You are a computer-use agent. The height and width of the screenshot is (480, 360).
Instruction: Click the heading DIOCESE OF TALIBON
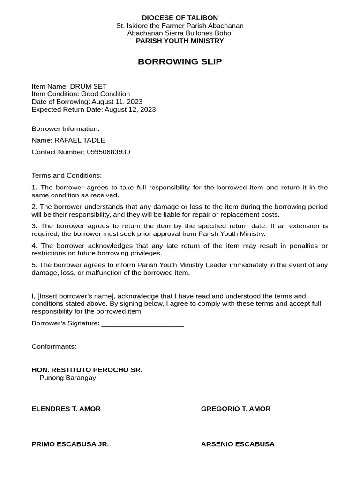[180, 18]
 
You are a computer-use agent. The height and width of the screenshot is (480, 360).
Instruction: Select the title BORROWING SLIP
[180, 61]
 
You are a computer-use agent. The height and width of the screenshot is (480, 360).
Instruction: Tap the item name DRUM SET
[89, 86]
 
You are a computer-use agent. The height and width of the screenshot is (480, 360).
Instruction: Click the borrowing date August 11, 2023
[117, 102]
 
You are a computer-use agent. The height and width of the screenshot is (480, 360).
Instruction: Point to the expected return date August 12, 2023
[130, 109]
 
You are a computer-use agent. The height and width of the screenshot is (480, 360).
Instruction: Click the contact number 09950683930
[108, 152]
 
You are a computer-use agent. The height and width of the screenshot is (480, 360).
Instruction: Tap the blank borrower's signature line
[142, 323]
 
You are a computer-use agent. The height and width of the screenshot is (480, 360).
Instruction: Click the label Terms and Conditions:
[67, 175]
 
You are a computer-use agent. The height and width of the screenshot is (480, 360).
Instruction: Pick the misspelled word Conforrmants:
[54, 346]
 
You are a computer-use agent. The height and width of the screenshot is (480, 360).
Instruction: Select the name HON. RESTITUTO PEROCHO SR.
[87, 370]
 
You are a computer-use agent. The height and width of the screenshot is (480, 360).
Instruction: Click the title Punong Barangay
[67, 377]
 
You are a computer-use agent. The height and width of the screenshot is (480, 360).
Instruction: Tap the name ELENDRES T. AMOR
[66, 409]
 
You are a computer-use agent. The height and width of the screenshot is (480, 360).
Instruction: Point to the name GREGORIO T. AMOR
[236, 409]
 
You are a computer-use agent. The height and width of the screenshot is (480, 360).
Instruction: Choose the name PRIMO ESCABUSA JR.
[70, 444]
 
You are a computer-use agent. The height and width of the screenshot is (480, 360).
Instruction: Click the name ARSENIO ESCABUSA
[238, 444]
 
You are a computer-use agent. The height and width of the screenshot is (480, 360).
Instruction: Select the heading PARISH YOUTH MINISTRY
[180, 41]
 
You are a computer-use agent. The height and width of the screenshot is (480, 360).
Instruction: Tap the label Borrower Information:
[66, 128]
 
